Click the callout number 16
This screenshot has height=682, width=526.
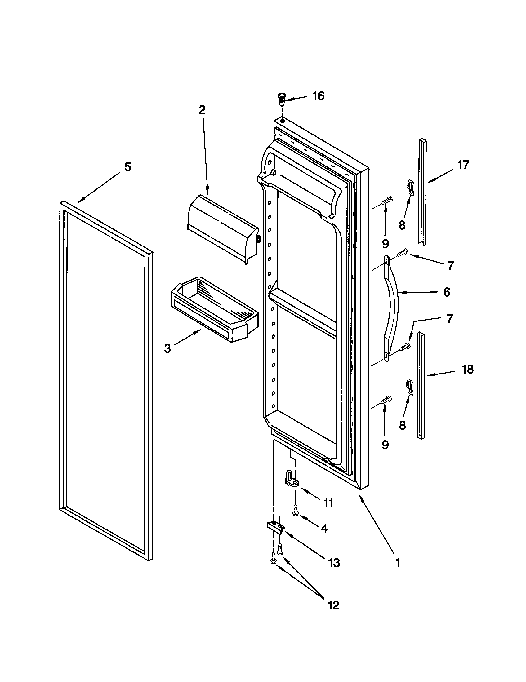point(318,96)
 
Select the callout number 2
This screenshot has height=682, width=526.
point(202,110)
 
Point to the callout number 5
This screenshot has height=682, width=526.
point(127,167)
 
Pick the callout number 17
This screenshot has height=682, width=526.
point(464,165)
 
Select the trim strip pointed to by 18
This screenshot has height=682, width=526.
point(421,386)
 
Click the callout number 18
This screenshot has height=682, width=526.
point(468,370)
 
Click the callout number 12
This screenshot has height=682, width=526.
point(334,605)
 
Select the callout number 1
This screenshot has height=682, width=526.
point(398,563)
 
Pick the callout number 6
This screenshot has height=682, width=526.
point(447,292)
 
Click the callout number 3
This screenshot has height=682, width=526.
point(167,348)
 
